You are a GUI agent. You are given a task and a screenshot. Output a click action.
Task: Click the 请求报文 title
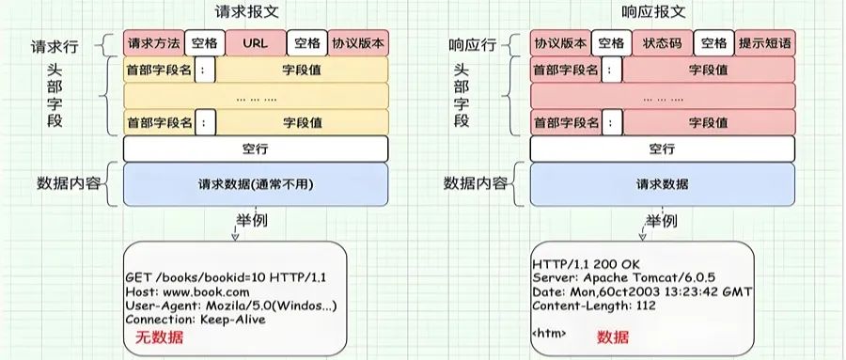[254, 12]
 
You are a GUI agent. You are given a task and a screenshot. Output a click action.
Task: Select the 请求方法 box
[153, 43]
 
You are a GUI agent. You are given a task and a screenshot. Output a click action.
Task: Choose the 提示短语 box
[764, 43]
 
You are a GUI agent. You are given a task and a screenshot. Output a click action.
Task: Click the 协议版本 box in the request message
[358, 43]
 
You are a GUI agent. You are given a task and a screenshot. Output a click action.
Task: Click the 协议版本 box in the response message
[560, 43]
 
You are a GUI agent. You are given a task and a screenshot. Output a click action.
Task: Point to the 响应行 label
[473, 43]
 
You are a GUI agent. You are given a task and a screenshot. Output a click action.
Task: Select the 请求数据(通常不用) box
[255, 184]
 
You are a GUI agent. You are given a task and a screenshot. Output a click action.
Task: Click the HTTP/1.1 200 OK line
[587, 264]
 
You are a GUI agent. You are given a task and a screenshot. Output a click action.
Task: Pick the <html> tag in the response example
[550, 333]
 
